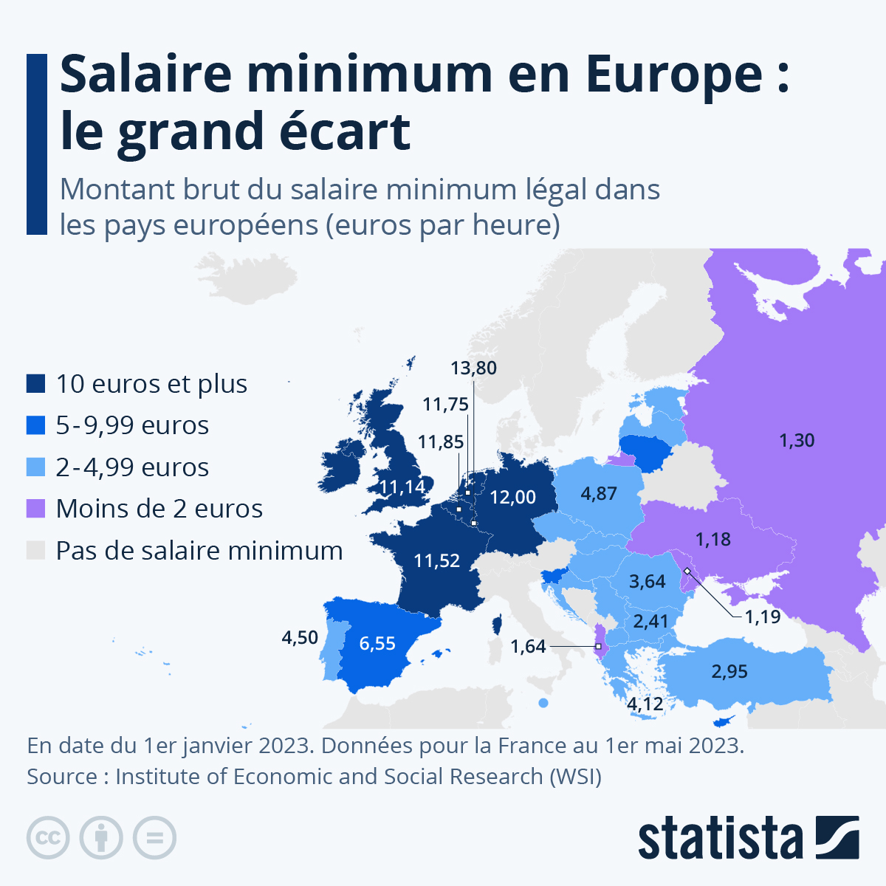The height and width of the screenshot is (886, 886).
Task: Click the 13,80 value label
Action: click(474, 368)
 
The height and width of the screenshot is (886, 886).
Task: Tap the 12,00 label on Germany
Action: click(512, 497)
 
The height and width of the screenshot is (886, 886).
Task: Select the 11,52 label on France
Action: click(436, 560)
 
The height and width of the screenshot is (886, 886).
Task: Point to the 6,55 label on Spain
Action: click(377, 643)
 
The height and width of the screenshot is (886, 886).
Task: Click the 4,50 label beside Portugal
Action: click(300, 637)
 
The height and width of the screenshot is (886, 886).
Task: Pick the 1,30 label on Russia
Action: click(797, 440)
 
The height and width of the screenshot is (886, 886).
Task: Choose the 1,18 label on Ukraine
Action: click(712, 539)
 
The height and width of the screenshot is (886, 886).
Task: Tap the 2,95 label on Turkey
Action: click(729, 671)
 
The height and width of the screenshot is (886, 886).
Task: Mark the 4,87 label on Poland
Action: click(598, 493)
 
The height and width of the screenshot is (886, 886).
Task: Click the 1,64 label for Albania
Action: click(528, 647)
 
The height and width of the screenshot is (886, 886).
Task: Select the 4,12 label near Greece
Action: click(645, 704)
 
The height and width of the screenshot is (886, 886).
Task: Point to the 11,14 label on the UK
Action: click(402, 487)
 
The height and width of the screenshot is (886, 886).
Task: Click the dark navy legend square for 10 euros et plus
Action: click(36, 384)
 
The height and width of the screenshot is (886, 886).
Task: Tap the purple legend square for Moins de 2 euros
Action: click(36, 509)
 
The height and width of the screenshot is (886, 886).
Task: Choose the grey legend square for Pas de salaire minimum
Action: click(36, 551)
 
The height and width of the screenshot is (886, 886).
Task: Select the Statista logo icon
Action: click(837, 837)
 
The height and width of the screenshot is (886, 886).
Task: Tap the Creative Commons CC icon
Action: click(48, 838)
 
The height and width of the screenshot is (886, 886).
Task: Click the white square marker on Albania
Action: click(598, 647)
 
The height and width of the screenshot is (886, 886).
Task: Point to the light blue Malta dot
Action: click(543, 703)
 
